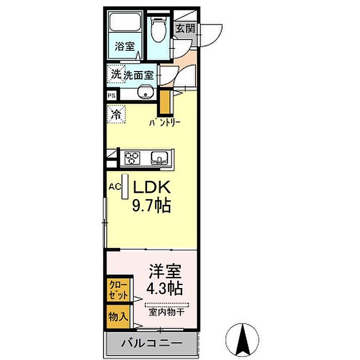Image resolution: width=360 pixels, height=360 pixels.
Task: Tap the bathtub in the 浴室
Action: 125,22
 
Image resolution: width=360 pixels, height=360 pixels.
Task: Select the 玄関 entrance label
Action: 186,29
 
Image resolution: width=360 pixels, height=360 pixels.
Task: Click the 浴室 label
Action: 124,46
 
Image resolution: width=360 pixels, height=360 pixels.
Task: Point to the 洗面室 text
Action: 138,75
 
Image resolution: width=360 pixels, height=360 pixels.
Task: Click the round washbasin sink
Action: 145,92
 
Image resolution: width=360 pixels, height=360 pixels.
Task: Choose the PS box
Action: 112,95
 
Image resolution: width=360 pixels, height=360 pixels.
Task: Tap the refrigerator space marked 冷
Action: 116,114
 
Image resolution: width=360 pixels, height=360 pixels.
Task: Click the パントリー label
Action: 165,123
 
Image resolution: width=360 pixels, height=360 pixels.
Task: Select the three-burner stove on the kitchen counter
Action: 132,158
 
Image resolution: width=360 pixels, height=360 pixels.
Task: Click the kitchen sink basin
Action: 159,158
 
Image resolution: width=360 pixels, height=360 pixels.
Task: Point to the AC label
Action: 115,186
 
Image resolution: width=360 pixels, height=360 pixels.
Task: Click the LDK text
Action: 152,187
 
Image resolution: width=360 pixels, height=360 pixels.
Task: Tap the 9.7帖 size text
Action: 152,206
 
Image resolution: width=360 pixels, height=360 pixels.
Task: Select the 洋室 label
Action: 165,271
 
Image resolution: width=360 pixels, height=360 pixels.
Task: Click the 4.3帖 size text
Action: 165,288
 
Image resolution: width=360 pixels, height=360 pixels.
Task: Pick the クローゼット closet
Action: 118,290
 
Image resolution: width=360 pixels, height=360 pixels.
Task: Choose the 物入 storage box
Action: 118,317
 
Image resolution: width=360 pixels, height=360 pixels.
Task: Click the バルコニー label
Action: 152,343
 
